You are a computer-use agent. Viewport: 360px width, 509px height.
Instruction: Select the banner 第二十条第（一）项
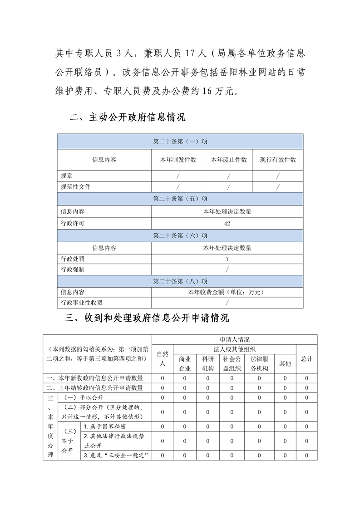coord(180,142)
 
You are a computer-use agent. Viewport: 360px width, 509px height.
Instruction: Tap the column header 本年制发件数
coord(178,160)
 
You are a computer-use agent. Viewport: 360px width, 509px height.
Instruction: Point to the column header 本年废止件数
coord(229,160)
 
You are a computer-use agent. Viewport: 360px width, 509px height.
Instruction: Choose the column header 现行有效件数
coord(278,160)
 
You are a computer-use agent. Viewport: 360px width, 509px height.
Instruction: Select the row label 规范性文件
coord(73,187)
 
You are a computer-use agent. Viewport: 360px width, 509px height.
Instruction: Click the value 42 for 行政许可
coord(227,224)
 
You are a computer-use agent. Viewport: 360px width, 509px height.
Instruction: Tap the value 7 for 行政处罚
coord(227,259)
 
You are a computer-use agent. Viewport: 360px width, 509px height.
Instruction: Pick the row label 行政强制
coord(73,270)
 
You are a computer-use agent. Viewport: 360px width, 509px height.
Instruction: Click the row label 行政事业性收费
coord(79,303)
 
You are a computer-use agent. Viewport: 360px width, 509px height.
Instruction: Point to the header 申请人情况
coord(234,339)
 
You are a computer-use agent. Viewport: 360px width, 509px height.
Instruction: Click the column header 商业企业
coord(185,363)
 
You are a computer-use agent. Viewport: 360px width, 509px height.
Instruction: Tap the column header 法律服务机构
coord(259,363)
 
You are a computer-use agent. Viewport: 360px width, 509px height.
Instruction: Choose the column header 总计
coord(306,358)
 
